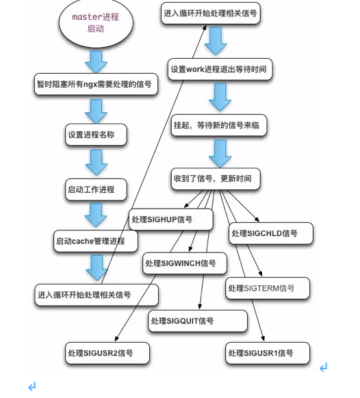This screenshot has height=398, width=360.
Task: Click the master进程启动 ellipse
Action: tap(96, 23)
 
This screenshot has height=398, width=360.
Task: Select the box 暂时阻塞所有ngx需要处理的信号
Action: tap(96, 84)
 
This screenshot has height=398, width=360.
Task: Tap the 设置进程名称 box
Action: tap(96, 135)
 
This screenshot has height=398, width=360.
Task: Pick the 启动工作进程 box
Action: tap(96, 189)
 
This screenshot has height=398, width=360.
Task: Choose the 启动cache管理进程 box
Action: tap(96, 241)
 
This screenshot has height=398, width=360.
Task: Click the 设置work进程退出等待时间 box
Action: tap(220, 69)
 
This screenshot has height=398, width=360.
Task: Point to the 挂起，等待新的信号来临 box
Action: tap(219, 125)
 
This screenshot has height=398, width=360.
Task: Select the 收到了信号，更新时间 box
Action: tap(216, 178)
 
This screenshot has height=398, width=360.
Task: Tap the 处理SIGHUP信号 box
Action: tap(170, 220)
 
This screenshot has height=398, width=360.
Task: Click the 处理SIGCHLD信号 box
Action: tap(271, 233)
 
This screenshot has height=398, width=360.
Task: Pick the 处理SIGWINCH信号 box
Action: tap(185, 263)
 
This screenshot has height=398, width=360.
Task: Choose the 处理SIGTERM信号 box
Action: tap(268, 288)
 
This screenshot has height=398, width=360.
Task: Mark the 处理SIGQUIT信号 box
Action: tap(198, 321)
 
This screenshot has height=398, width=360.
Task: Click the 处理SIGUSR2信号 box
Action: tap(107, 353)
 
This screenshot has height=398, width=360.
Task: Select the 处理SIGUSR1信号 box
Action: tap(268, 353)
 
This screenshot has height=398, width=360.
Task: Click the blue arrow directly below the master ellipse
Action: tap(96, 62)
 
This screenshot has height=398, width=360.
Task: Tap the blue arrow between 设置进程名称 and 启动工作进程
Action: tap(97, 163)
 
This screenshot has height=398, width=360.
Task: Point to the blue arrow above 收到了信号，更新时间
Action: tap(220, 154)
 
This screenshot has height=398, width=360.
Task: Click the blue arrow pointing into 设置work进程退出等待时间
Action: tap(216, 41)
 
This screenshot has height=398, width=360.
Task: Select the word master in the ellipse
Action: tap(83, 17)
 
